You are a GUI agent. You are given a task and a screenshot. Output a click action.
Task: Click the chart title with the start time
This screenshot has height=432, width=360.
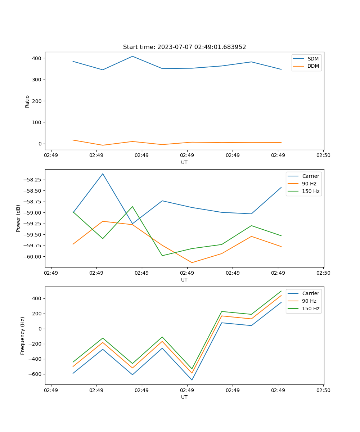point(184,47)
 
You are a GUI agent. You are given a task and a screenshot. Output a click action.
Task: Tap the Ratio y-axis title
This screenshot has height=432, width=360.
point(27,101)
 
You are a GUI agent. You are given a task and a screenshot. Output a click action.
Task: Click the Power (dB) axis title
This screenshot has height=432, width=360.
point(18,218)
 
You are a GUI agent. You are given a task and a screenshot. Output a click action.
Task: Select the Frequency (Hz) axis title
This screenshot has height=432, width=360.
point(23,336)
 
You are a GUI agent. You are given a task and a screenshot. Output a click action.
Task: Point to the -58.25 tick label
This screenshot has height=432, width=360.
point(32,180)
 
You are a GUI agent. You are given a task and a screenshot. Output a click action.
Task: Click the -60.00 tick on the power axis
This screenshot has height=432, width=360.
point(32,257)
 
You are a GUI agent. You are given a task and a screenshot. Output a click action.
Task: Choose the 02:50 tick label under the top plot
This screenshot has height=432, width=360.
point(323,156)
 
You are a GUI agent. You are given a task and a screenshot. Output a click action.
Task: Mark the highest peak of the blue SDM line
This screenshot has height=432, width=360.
point(132,56)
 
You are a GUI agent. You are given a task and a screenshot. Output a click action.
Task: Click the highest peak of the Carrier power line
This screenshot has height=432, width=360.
point(103,174)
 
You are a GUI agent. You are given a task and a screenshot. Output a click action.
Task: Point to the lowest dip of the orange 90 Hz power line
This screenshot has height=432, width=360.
point(192,262)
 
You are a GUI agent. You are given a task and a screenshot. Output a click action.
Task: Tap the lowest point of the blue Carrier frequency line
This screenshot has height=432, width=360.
point(192,380)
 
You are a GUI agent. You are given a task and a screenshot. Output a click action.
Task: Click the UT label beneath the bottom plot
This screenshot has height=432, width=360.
point(184,397)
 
